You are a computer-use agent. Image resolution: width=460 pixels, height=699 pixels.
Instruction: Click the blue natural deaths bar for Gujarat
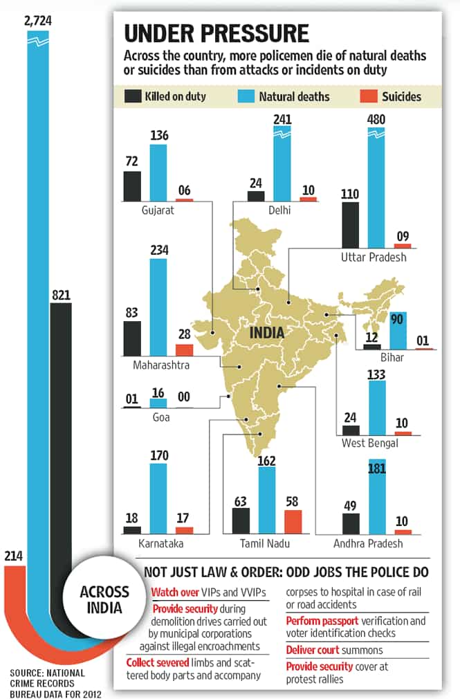point(158,172)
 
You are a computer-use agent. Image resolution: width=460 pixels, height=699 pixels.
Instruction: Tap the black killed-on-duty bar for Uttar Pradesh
point(350,225)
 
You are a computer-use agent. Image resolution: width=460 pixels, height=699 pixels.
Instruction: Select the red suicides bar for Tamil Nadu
point(293,522)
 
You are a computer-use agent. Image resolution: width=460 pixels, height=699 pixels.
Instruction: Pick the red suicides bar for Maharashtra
point(185,350)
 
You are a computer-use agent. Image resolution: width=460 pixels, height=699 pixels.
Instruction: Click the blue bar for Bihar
point(398,330)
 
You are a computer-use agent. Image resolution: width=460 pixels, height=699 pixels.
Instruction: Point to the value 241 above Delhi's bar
point(283,120)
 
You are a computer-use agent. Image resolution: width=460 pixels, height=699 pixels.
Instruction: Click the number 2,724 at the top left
point(38,21)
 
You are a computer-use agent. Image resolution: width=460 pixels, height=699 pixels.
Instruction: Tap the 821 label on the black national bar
point(61,295)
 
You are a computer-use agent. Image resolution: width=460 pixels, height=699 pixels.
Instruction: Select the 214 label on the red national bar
point(13,556)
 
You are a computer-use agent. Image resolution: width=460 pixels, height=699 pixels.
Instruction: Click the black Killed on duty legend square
point(133,96)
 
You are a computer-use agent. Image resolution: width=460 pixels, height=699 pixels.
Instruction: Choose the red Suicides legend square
point(368,96)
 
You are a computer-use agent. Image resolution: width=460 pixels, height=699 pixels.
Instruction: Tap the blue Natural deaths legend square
point(246,96)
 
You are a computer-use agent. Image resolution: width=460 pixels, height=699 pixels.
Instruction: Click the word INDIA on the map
point(267,333)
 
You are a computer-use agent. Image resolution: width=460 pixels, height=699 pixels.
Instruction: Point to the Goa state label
point(161,417)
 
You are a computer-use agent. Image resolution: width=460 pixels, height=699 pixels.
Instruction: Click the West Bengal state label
point(370,443)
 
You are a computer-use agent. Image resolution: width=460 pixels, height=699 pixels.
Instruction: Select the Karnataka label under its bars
point(161,543)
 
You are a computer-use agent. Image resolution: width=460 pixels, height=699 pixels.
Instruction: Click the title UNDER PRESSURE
point(217,33)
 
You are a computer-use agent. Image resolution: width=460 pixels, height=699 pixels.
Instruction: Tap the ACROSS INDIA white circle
point(104,600)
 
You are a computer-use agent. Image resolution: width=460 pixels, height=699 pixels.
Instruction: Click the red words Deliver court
point(313,650)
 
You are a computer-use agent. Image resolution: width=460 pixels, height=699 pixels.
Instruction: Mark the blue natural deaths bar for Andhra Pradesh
point(377,497)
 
